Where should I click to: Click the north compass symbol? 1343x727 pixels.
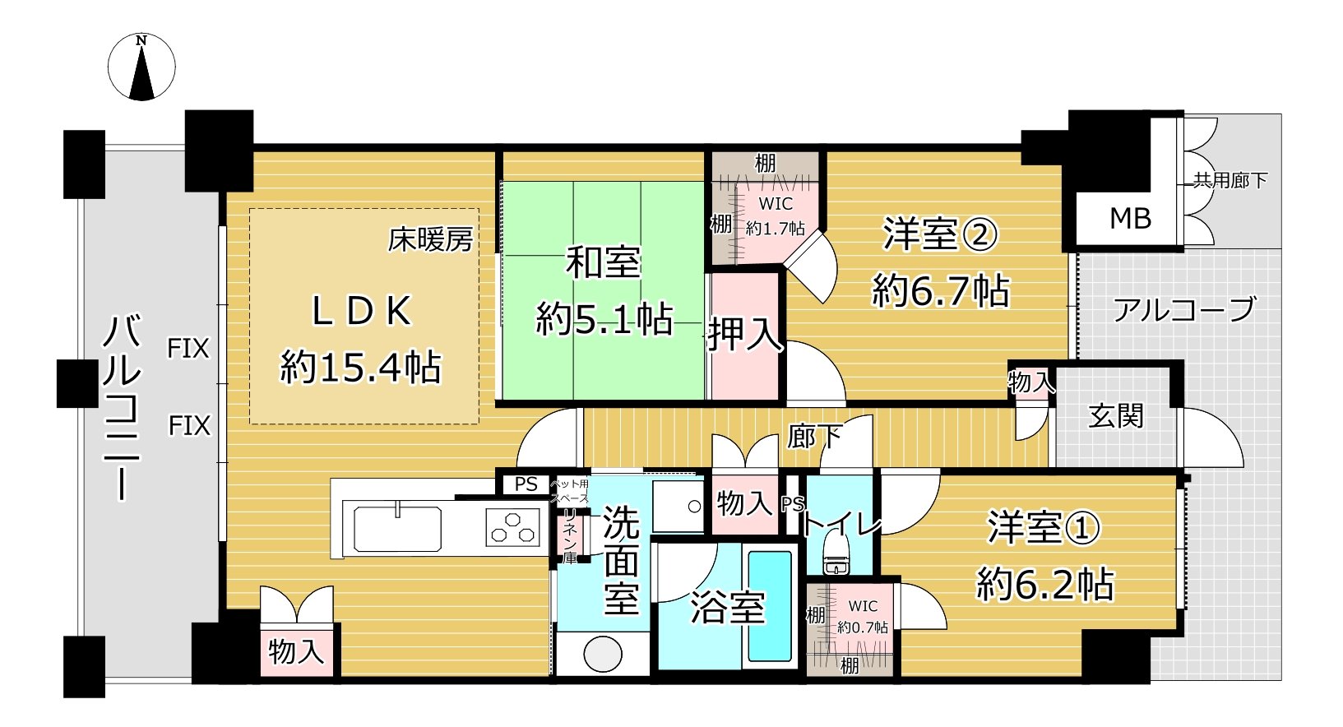point(141,67)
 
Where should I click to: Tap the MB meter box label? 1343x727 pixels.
point(1129,219)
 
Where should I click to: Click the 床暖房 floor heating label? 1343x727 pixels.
point(430,240)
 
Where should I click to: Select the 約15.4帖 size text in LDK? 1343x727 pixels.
point(360,368)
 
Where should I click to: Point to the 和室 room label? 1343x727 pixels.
point(603,263)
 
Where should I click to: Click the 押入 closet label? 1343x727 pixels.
point(744,334)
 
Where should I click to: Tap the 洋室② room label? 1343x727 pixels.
point(940,234)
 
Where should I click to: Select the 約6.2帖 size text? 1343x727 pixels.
point(1044,585)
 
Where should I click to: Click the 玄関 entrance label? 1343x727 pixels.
point(1115,416)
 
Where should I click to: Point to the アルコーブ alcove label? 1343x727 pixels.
point(1183,310)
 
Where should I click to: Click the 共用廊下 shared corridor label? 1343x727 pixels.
point(1230,180)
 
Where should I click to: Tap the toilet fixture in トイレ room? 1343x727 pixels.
point(836,555)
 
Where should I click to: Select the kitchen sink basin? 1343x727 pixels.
point(397,529)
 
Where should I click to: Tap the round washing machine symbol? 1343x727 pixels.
point(602,655)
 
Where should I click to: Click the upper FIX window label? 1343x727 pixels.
point(188,349)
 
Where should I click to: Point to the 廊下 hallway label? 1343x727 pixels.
point(814,437)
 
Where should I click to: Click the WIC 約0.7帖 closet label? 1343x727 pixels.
point(863,616)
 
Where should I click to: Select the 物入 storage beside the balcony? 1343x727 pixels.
point(296,651)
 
